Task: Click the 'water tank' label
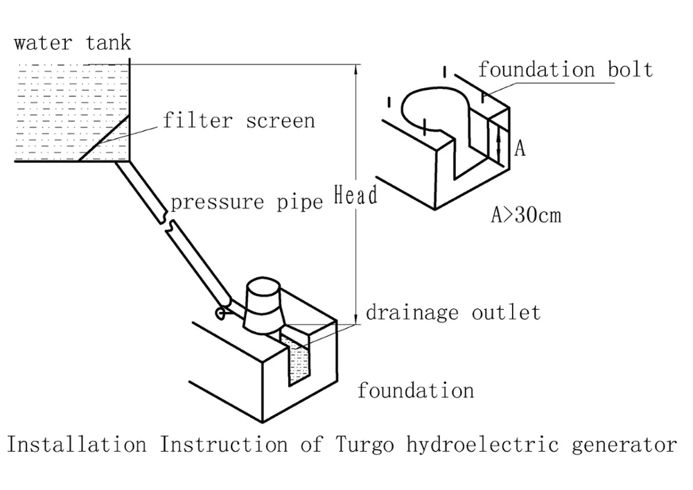72,43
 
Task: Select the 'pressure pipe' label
247,202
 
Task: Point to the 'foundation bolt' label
565,69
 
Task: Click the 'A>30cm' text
526,216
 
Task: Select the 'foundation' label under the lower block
415,390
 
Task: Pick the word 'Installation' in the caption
76,444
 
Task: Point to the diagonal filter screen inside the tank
104,139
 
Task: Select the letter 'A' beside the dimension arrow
518,148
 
